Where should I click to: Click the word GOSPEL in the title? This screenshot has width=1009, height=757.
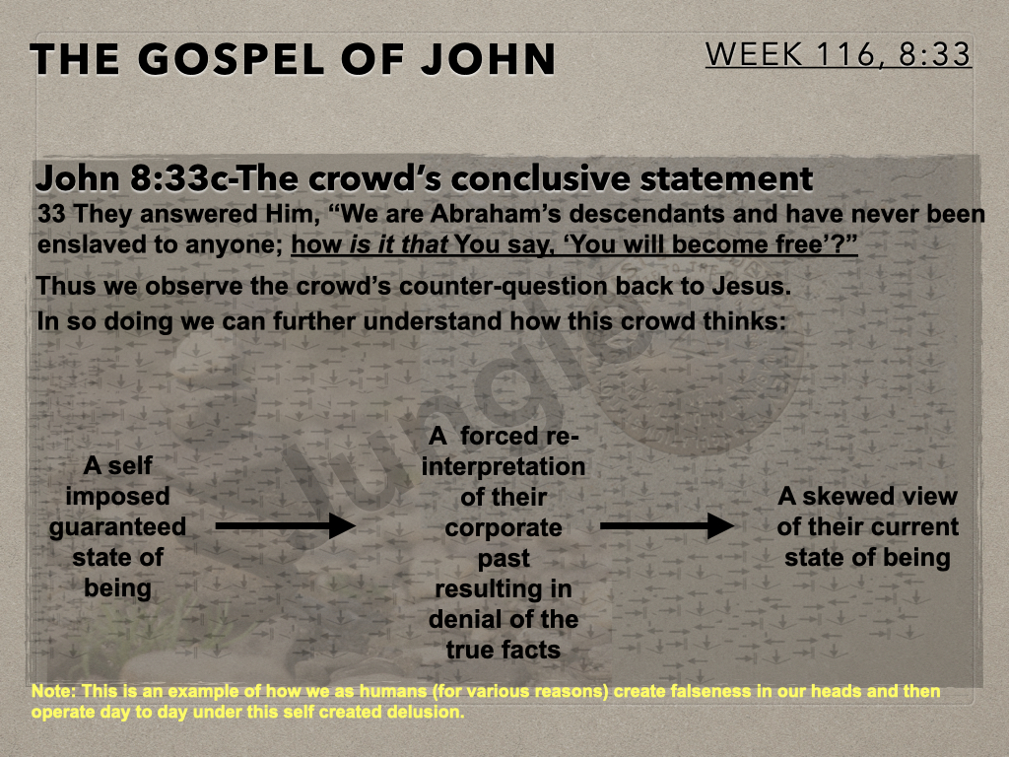[x=233, y=59]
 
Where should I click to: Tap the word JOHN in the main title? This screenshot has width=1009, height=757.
[x=489, y=59]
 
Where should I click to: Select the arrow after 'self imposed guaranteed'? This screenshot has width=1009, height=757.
[x=286, y=526]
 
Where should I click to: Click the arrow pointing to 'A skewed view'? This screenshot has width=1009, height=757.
[x=667, y=526]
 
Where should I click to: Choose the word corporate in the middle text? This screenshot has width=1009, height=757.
[x=504, y=528]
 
